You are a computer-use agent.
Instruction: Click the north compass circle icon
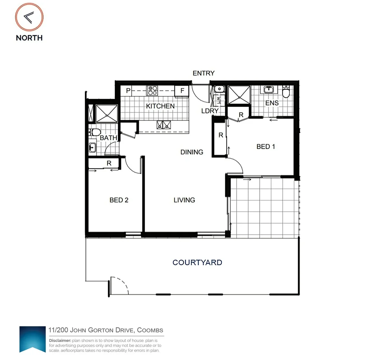[x=29, y=17]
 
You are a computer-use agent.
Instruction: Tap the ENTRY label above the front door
[x=203, y=73]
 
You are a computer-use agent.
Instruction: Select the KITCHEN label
[x=160, y=106]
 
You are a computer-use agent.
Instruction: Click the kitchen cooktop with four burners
[x=152, y=91]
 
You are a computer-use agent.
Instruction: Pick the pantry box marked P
[x=128, y=91]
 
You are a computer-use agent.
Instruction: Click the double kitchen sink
[x=164, y=125]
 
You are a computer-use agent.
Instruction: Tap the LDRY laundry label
[x=210, y=111]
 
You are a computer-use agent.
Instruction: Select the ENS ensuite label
[x=272, y=103]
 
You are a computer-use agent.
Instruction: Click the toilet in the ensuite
[x=286, y=92]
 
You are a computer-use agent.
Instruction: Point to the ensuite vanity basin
[x=268, y=90]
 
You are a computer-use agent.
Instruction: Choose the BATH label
[x=108, y=138]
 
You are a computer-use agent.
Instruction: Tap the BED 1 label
[x=265, y=147]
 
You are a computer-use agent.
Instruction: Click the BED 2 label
[x=119, y=200]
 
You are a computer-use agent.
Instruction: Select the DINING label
[x=192, y=152]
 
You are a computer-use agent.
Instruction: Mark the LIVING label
[x=184, y=200]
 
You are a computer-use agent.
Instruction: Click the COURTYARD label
[x=197, y=263]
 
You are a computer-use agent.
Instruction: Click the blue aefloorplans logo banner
[x=33, y=339]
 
